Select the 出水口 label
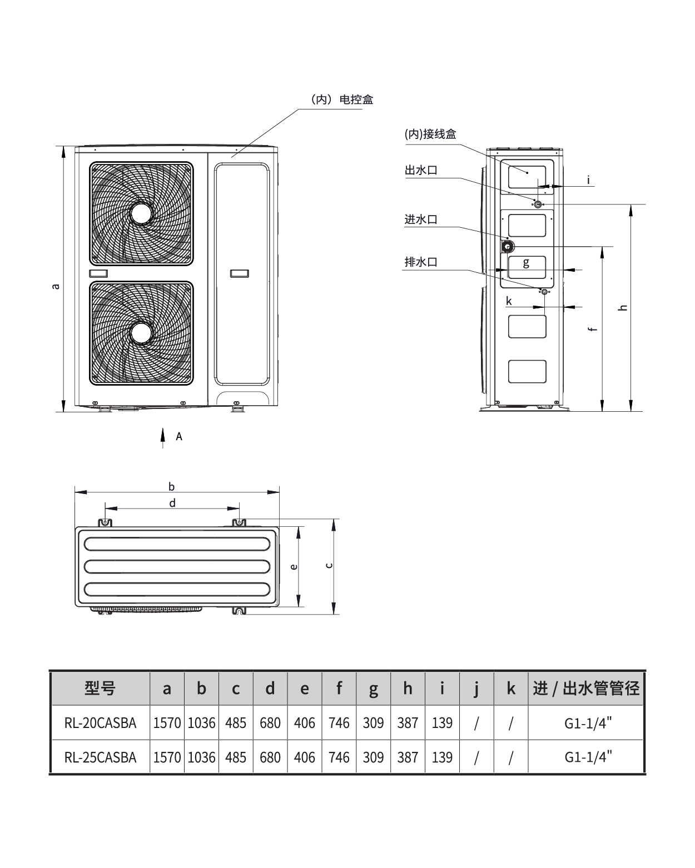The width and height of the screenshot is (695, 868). point(421,170)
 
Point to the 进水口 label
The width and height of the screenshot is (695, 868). point(421,220)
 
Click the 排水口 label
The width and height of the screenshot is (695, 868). point(421,262)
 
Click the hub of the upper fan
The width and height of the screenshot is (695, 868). point(141,213)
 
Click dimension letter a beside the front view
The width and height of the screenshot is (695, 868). point(55,287)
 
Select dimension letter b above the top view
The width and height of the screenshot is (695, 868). point(172,487)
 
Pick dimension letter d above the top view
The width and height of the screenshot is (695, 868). point(172,503)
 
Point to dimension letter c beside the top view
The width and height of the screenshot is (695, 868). point(329,565)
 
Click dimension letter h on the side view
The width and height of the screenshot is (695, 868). point(623,307)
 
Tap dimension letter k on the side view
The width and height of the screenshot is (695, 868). point(509,302)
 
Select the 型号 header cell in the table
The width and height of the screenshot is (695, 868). point(100,689)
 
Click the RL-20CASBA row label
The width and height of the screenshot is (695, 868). point(100,723)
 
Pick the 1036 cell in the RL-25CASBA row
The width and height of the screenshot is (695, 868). point(201,757)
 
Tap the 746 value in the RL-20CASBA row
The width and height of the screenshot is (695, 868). point(339,723)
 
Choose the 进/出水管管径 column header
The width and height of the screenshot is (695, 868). point(587,689)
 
